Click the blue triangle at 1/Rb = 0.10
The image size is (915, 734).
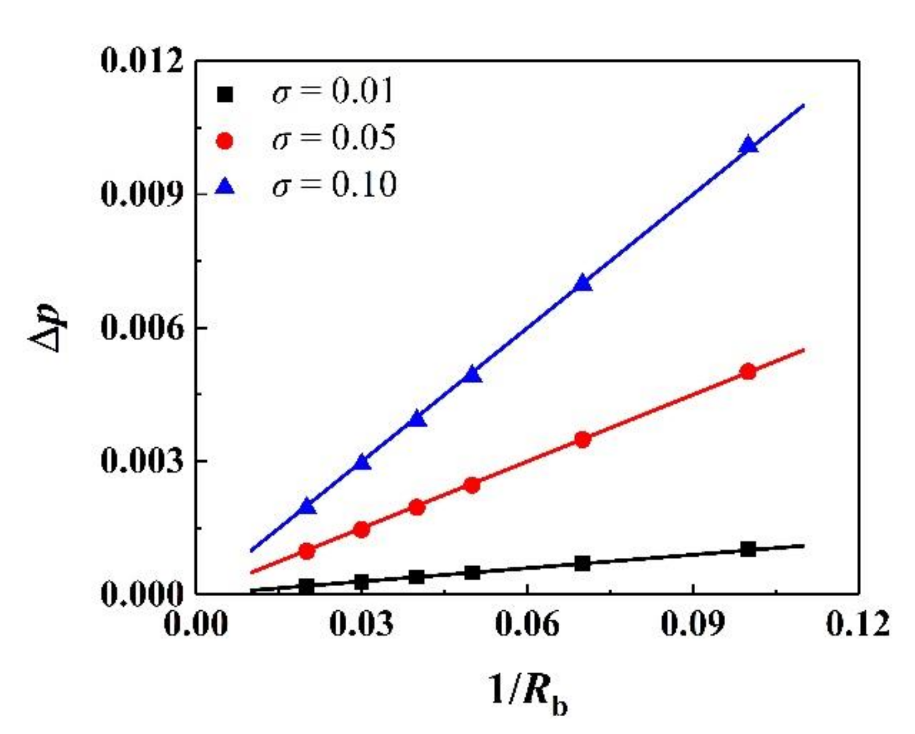click(x=748, y=146)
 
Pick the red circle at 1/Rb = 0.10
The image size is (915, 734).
click(x=748, y=372)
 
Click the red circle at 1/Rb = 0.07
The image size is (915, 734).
click(x=582, y=439)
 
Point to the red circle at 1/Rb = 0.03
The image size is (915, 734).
click(x=361, y=530)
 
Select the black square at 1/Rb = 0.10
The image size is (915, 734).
click(x=748, y=549)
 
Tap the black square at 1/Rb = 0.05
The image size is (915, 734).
click(x=472, y=573)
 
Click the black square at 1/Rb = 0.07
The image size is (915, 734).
click(x=582, y=564)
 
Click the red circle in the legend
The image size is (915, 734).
click(x=225, y=141)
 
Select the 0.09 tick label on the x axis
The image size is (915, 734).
click(x=693, y=624)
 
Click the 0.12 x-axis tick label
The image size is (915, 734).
click(x=858, y=624)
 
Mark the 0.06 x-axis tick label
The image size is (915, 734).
click(x=527, y=624)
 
